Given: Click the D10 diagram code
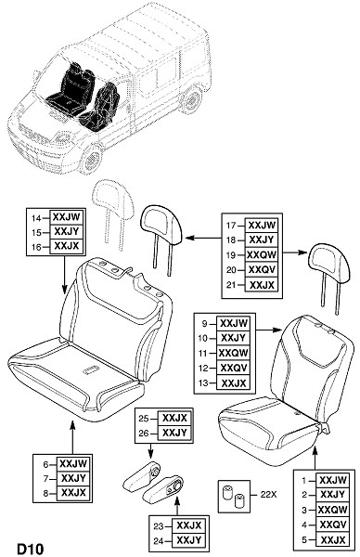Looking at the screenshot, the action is click(x=31, y=549).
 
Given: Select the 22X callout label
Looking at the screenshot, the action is click(x=268, y=494).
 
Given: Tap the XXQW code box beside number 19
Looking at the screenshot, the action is click(x=262, y=254).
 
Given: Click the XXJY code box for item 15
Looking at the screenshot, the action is click(x=67, y=232).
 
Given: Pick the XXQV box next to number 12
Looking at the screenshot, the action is click(x=233, y=368).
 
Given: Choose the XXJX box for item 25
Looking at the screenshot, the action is click(x=174, y=418).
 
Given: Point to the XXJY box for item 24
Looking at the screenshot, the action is click(x=189, y=540).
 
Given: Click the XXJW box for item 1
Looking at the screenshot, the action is click(x=333, y=480).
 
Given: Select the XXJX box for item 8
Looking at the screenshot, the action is click(x=73, y=493).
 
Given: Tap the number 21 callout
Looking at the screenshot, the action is click(x=231, y=285).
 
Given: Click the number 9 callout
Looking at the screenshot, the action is click(x=204, y=323).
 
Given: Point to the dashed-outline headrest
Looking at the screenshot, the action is click(x=112, y=211).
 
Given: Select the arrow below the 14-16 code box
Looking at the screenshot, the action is click(x=64, y=274).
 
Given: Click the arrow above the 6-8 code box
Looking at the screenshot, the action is click(x=72, y=437).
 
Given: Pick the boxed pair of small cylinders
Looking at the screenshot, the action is click(x=234, y=497).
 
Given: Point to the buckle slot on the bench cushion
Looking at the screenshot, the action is click(x=92, y=370).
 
